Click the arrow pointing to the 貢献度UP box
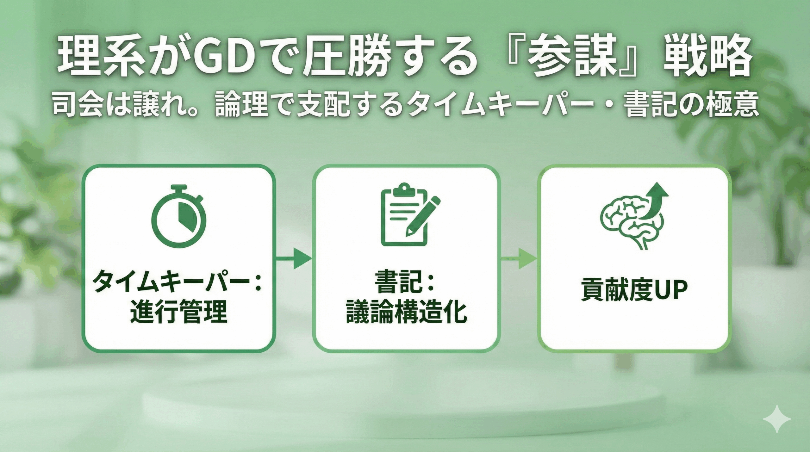pos(519,258)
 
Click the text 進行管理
pos(179,311)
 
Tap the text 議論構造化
pos(406,311)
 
